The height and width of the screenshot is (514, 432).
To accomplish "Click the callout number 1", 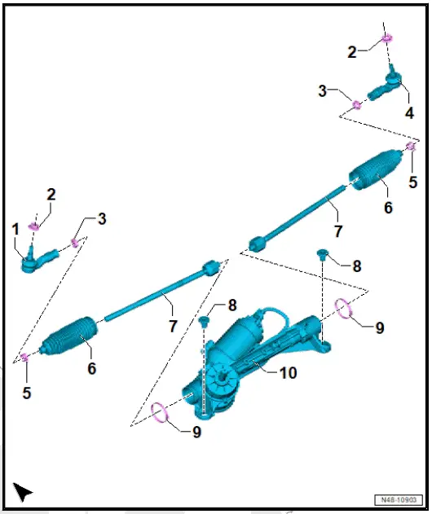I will [15, 231].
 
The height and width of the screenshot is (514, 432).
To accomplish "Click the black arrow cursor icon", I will [23, 491].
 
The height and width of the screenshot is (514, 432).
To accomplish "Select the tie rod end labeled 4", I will [388, 85].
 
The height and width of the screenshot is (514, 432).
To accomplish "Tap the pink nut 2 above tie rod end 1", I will [33, 225].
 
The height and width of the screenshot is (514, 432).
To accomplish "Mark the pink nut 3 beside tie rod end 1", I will [75, 242].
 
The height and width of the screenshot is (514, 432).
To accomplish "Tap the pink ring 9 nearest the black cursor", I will [163, 414].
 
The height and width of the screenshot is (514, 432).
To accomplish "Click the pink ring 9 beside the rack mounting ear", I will [344, 308].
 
